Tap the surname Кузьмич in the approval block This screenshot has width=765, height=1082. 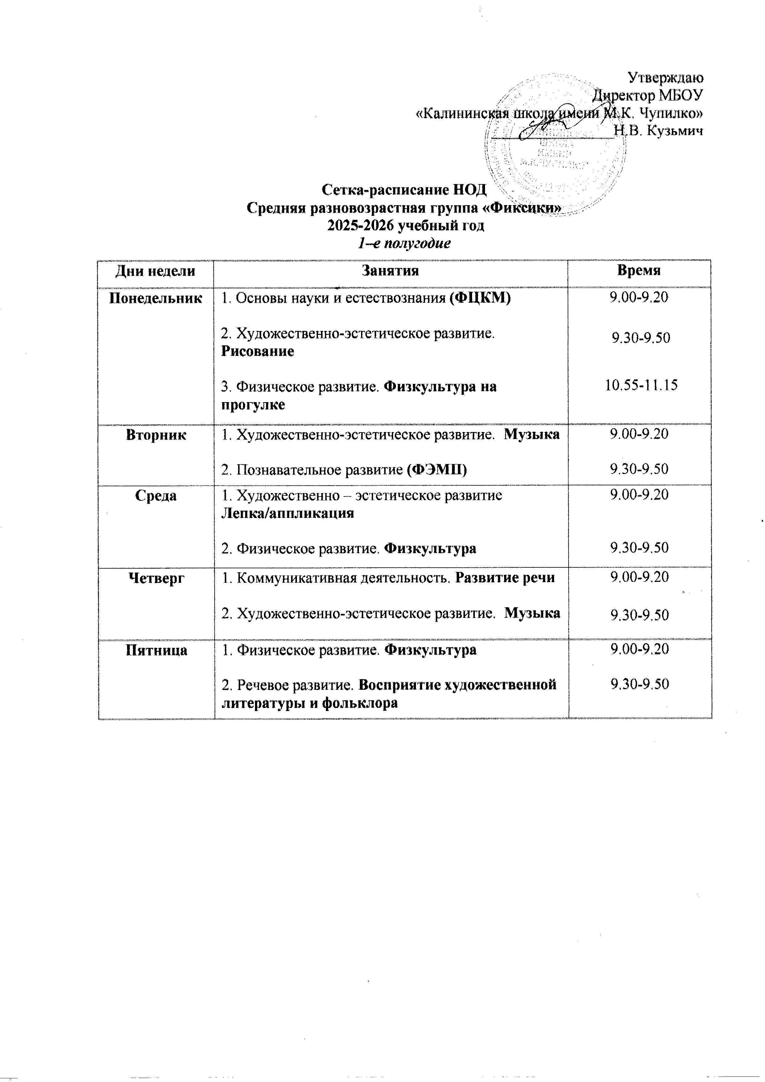coord(674,131)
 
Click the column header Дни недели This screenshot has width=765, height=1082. coord(155,271)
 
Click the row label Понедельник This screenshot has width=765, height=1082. coord(155,298)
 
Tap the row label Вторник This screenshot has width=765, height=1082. coord(155,435)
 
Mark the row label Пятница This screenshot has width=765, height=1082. coord(155,650)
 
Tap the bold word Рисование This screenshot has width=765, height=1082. coord(257,351)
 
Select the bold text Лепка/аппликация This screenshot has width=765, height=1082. coord(287,513)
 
